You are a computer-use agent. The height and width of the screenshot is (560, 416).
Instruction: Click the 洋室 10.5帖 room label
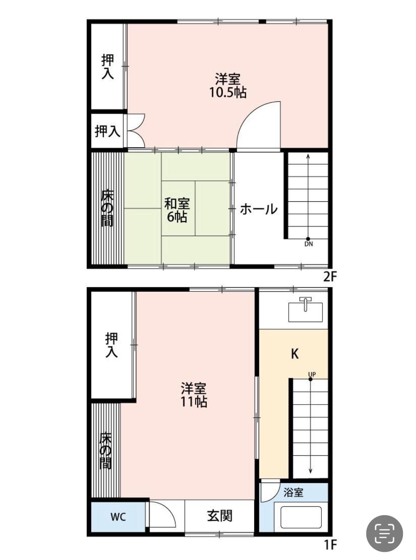click(x=228, y=85)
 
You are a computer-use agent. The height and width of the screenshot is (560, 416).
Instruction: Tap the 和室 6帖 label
click(x=177, y=210)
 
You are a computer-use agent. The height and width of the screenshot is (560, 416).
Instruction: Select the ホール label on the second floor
click(x=259, y=209)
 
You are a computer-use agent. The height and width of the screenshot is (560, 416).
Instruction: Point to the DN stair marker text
click(x=308, y=244)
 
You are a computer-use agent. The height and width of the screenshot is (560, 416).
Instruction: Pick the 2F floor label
click(x=330, y=277)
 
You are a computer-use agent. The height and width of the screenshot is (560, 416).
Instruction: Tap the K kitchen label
click(x=295, y=353)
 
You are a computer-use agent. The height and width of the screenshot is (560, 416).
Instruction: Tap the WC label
click(x=118, y=517)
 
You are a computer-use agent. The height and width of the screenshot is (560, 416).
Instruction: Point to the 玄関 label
click(x=219, y=516)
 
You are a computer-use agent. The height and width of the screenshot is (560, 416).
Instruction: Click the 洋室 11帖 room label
click(x=194, y=395)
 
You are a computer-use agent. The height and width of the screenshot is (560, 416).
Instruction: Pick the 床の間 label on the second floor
click(x=107, y=208)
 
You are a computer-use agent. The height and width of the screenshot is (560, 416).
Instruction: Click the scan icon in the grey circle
click(x=384, y=534)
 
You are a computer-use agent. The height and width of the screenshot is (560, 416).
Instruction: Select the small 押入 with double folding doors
click(x=107, y=131)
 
